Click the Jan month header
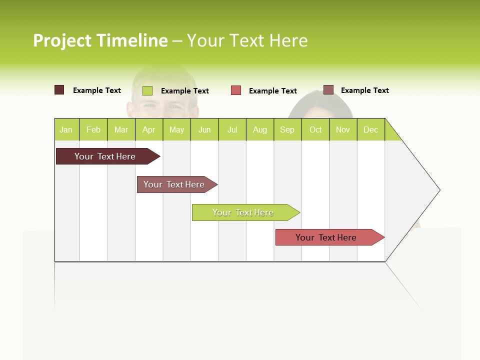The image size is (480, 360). (x=66, y=129)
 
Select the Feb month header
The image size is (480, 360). (x=93, y=129)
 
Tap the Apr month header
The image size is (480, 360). (x=149, y=129)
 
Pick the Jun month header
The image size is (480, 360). (x=204, y=129)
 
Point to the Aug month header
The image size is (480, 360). (x=260, y=129)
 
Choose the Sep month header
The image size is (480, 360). (x=287, y=129)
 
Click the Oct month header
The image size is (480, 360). (x=315, y=129)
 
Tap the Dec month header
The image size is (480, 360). (x=371, y=129)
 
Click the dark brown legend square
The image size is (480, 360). (x=59, y=90)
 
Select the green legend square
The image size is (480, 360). (x=147, y=90)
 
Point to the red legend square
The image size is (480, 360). (x=236, y=90)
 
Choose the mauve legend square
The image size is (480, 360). (x=328, y=90)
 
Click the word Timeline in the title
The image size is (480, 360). (x=132, y=40)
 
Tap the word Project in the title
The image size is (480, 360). (x=62, y=40)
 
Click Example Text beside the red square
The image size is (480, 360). (x=273, y=91)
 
